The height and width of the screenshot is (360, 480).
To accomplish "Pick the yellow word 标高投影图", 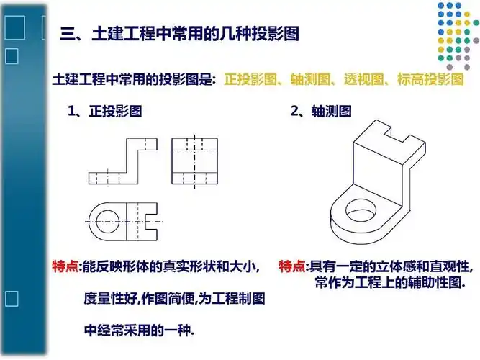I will (x=430, y=78).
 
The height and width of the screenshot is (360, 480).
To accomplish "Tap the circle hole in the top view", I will (x=107, y=221).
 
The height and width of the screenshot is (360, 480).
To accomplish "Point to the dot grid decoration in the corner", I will (x=453, y=32).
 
